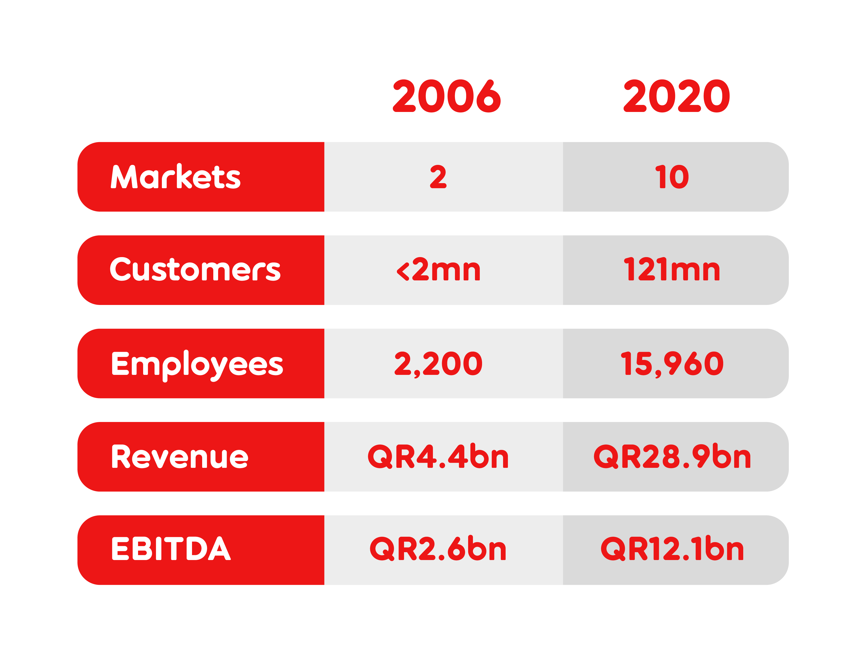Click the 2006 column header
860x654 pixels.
pyautogui.click(x=447, y=96)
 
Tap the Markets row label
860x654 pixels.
pyautogui.click(x=176, y=176)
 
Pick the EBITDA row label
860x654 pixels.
pyautogui.click(x=171, y=548)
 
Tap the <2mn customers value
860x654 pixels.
pyautogui.click(x=438, y=270)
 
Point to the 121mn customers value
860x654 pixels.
pyautogui.click(x=672, y=270)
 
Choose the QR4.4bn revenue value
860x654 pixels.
pyautogui.click(x=438, y=456)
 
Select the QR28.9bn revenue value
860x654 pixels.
pyautogui.click(x=672, y=456)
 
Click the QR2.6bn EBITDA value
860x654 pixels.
pyautogui.click(x=438, y=548)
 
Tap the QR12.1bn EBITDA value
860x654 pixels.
pyautogui.click(x=672, y=548)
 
